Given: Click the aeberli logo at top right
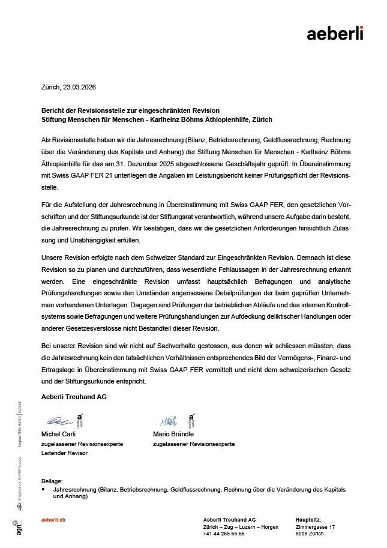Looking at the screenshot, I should (335, 34).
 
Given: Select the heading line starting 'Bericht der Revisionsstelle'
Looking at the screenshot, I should (130, 110).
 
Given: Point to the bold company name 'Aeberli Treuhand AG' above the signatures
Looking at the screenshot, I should (73, 397).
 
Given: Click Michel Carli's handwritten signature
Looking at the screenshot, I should (59, 422).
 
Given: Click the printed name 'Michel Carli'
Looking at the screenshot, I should (59, 434).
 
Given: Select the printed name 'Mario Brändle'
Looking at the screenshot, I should (173, 434).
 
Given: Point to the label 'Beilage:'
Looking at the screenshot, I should (52, 481).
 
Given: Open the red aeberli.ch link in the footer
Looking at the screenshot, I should (53, 519).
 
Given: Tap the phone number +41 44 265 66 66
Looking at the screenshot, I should (224, 533).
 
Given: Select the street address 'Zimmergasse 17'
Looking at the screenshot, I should (316, 526).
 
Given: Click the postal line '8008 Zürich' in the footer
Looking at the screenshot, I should (311, 533).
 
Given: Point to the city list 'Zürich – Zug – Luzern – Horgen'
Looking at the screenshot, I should (241, 526).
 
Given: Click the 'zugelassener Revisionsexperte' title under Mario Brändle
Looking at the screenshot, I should (194, 444).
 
